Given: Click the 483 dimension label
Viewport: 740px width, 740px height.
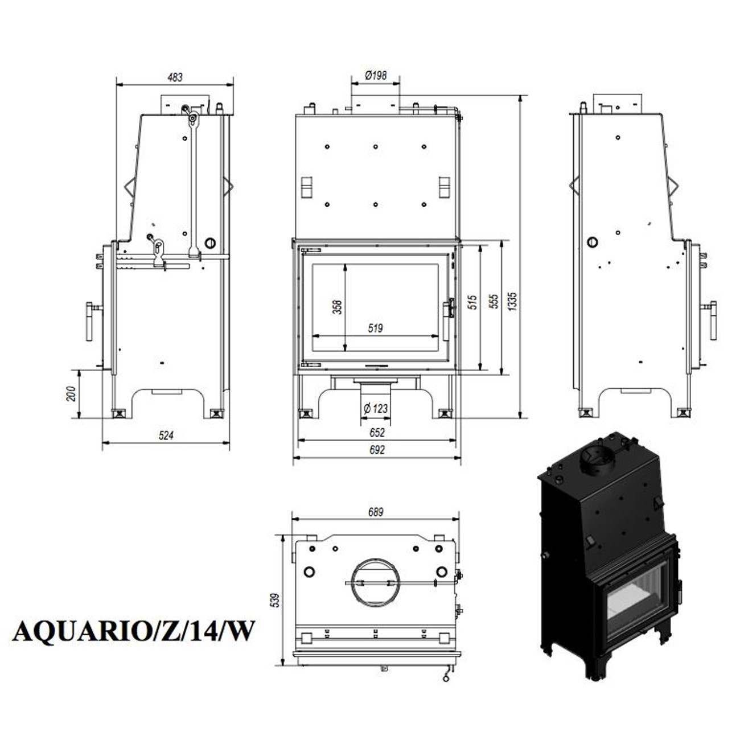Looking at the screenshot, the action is pos(175,77).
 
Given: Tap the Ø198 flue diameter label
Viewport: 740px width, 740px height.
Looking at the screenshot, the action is pos(376,75).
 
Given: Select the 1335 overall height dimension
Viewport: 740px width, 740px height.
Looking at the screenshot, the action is pos(513,301).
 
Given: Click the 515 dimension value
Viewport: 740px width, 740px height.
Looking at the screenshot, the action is pos(472,302).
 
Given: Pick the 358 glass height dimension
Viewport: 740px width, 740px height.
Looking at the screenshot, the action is pos(337,307).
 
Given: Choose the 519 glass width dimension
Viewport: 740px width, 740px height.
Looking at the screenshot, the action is pos(375,328).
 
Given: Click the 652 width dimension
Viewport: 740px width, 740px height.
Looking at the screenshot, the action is pos(377,433).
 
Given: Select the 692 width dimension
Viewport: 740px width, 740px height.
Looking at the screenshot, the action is pos(377,450).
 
